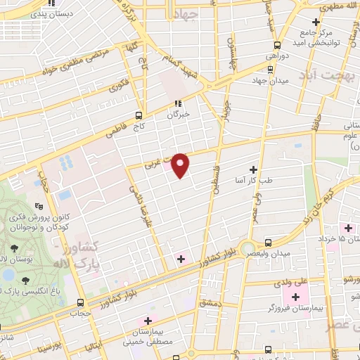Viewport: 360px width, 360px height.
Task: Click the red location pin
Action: [181, 164]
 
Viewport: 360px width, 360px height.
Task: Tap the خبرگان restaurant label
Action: [179, 115]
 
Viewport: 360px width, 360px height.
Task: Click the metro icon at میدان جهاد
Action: [271, 69]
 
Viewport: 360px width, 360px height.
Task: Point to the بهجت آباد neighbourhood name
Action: [327, 75]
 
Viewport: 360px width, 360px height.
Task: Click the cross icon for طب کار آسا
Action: [253, 169]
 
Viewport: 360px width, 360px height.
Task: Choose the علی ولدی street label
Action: [292, 282]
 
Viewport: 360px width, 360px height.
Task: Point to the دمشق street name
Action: [212, 302]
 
